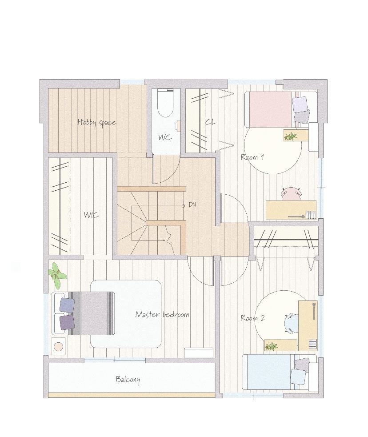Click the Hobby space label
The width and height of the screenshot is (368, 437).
[x=96, y=122]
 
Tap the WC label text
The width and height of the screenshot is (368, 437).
[x=165, y=137]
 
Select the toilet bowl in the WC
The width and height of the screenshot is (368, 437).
[x=166, y=104]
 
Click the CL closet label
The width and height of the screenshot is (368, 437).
[x=211, y=122]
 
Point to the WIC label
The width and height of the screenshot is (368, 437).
[x=92, y=215]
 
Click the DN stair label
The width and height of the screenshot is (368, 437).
[x=192, y=204]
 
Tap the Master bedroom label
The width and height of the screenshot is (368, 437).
[x=162, y=314]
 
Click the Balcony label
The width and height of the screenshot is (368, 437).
[x=128, y=379]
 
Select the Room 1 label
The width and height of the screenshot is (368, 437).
[x=252, y=157]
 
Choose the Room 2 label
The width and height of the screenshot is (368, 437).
[x=253, y=318]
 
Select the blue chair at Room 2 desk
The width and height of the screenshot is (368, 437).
[x=292, y=323]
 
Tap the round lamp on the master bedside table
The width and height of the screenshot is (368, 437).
[x=59, y=347]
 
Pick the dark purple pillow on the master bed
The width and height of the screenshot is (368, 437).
[x=67, y=322]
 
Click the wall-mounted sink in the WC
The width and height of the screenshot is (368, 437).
[x=178, y=126]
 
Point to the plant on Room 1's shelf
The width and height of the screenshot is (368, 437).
[x=291, y=136]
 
